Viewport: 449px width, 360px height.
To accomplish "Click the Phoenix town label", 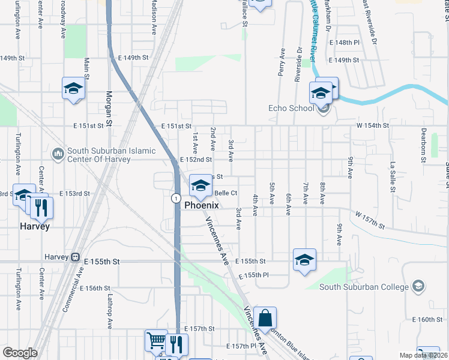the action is (x=200, y=205).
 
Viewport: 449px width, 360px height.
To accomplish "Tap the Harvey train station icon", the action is (x=75, y=257).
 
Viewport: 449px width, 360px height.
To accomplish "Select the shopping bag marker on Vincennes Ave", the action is (x=265, y=318).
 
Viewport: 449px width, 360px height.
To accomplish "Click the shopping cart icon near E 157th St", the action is (x=156, y=341).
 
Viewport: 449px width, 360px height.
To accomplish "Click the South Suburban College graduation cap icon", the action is (x=418, y=287).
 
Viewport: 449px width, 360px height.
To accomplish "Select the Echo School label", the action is (x=291, y=109).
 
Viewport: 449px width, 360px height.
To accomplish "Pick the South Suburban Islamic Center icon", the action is (x=58, y=155).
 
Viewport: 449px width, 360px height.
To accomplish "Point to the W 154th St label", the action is (x=373, y=125).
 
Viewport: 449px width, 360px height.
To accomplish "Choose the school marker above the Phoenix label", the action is (x=200, y=186).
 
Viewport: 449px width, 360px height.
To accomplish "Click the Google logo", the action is (x=20, y=353).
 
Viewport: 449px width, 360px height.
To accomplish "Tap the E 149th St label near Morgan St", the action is (x=133, y=58).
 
